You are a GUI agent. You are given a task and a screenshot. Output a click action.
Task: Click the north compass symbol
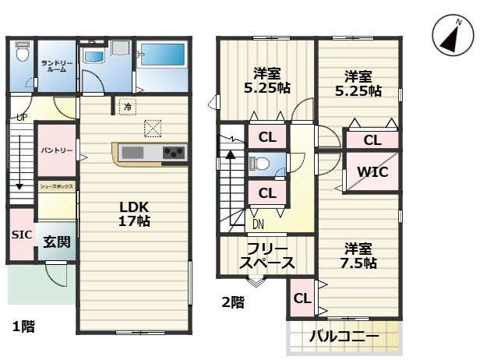pos(452,36)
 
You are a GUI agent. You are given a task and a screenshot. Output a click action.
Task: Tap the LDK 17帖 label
pos(134,214)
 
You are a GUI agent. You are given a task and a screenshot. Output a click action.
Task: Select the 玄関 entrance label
pos(57,242)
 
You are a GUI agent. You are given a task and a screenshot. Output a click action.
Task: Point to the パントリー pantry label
pos(57,149)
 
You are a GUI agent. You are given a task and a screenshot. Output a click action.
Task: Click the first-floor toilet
pos(22,52)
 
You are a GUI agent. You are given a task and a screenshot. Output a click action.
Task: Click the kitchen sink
pos(133,152)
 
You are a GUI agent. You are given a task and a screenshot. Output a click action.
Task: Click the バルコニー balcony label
pos(344,337)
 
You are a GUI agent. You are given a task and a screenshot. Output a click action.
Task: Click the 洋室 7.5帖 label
pos(358,256)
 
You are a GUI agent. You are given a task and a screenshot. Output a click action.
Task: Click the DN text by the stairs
pos(258,224)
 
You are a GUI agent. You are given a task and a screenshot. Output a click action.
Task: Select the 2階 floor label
pos(232,302)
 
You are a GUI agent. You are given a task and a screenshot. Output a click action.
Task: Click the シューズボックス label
pos(57,188)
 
